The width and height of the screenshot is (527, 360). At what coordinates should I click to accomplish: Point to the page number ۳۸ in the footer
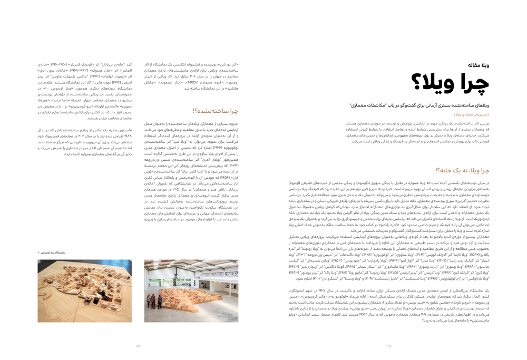coord(138,346)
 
